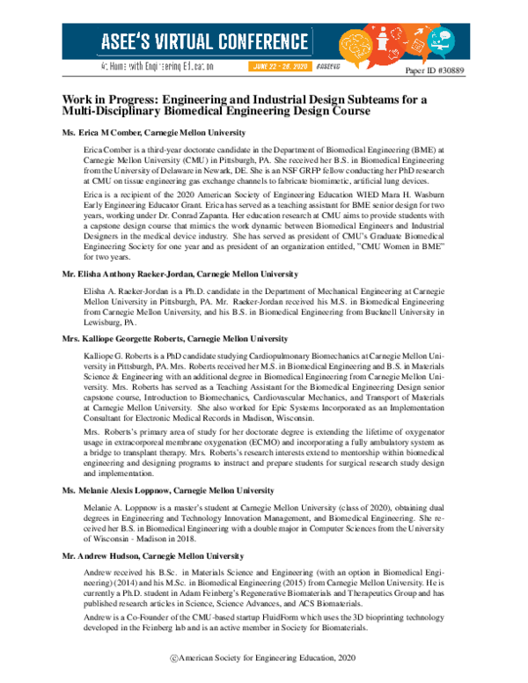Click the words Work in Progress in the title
[x=112, y=99]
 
